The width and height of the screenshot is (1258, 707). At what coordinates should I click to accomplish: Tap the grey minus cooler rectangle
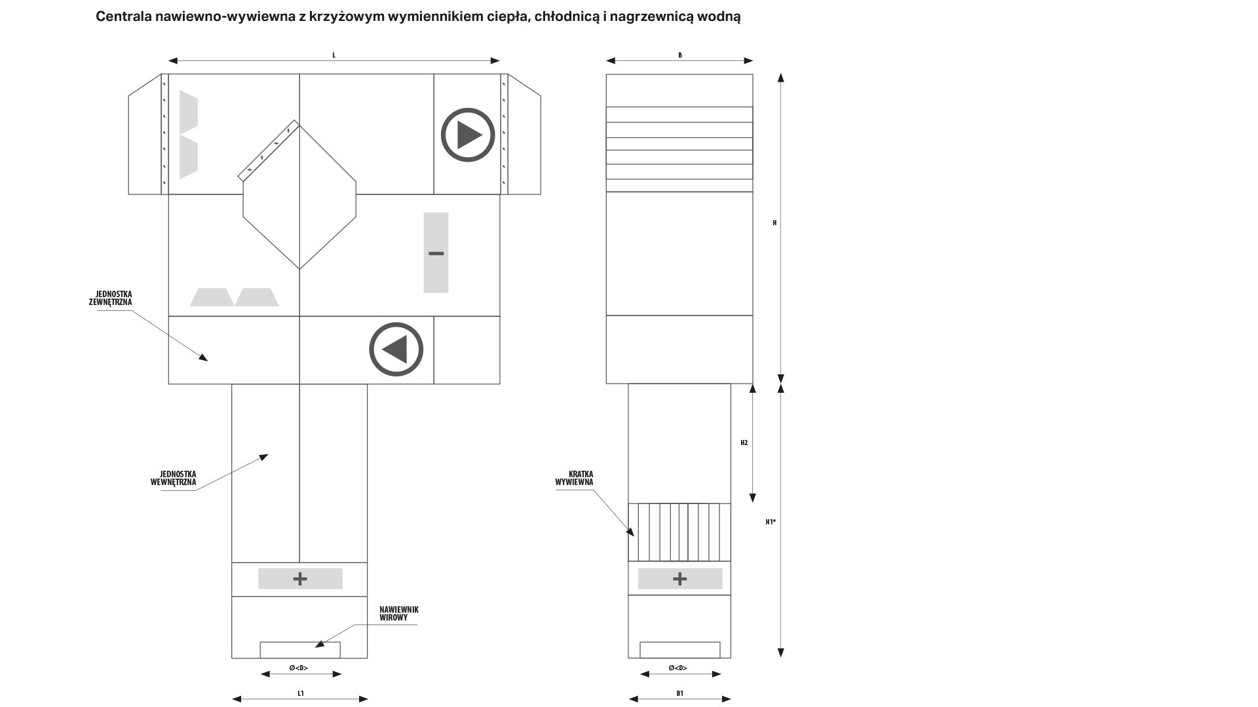click(x=436, y=253)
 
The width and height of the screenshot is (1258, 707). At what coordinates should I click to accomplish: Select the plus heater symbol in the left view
click(x=300, y=579)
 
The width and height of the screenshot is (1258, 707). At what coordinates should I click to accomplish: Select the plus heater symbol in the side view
click(x=680, y=579)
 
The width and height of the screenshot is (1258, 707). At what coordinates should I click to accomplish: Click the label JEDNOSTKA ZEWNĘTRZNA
click(x=111, y=299)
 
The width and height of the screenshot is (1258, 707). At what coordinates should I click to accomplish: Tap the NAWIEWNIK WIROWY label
click(x=399, y=613)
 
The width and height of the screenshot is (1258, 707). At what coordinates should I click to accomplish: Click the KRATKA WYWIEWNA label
click(x=574, y=478)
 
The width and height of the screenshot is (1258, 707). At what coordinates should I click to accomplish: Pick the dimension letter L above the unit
click(x=334, y=56)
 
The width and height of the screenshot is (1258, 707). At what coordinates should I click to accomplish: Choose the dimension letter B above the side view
click(x=680, y=56)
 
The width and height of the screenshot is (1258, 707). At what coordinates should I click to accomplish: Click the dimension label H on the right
click(x=774, y=223)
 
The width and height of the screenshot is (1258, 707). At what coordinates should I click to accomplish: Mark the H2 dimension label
click(x=744, y=443)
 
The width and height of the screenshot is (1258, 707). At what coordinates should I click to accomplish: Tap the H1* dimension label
click(x=771, y=522)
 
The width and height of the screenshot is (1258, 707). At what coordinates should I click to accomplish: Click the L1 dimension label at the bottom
click(x=301, y=693)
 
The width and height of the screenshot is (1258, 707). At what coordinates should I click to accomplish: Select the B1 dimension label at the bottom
click(x=680, y=693)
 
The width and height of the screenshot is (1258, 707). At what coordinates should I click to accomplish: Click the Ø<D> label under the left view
click(x=299, y=668)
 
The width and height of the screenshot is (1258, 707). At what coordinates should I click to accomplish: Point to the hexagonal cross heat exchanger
click(x=299, y=196)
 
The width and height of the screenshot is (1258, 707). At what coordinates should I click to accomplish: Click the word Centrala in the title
click(x=123, y=17)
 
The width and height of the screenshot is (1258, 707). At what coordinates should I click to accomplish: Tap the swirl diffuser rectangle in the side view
click(x=680, y=650)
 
